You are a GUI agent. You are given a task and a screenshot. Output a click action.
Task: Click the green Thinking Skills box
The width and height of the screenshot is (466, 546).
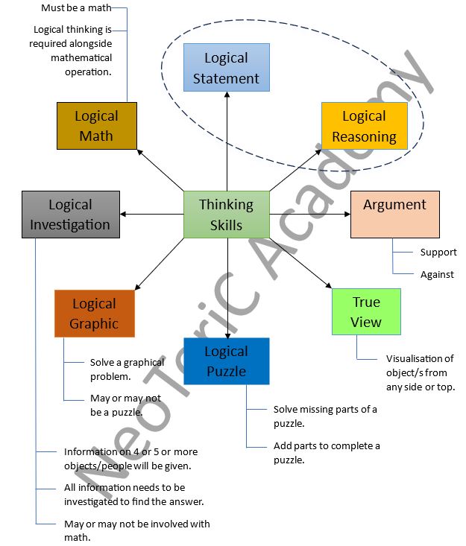point(226,215)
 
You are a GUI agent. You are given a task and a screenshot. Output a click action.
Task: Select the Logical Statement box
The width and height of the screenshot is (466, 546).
point(226,68)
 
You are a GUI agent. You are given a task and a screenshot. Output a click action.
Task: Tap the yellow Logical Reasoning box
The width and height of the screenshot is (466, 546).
point(364,126)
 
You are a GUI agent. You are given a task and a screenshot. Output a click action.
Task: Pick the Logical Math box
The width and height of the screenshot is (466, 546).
point(96,126)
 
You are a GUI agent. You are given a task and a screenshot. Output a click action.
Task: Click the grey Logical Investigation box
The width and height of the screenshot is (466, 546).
point(70,215)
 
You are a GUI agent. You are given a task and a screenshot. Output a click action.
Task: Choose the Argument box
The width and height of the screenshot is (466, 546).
point(394,215)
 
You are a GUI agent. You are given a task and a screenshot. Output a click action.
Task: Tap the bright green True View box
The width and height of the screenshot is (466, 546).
point(366,312)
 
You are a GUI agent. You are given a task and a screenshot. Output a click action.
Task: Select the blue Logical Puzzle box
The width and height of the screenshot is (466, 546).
point(226,361)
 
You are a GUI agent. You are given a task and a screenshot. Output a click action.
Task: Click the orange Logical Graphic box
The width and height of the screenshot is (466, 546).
point(94,314)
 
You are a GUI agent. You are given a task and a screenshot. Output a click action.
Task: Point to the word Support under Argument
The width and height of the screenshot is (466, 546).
point(438,252)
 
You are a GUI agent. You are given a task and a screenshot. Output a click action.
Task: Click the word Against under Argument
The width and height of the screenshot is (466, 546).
point(437,274)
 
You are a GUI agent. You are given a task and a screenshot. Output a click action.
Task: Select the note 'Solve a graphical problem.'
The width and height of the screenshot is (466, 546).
point(127,369)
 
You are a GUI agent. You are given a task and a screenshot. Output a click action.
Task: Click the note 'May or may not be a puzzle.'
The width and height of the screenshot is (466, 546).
point(125,404)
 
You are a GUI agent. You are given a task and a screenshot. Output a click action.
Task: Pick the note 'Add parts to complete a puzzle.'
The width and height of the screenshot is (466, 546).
point(327,453)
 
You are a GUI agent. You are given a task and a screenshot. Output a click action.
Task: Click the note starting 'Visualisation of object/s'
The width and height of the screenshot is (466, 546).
point(420,372)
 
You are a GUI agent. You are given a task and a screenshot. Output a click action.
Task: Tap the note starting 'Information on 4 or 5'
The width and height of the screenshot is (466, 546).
point(130,458)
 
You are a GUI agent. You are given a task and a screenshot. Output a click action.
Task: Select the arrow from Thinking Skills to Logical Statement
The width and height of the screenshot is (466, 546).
point(227,142)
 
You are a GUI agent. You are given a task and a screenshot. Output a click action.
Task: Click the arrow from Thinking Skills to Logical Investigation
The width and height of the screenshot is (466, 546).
point(152,215)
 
